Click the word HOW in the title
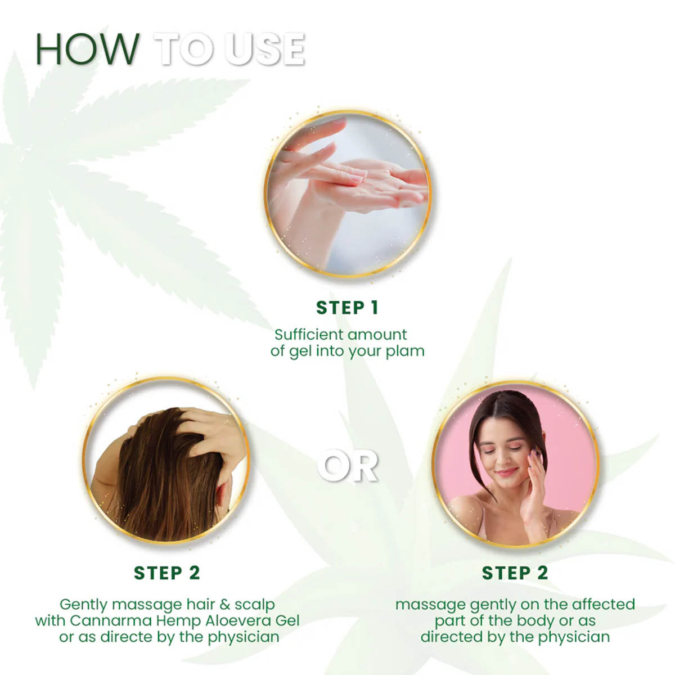(87, 49)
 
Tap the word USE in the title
(265, 49)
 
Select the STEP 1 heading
(347, 308)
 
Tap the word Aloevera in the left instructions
(236, 620)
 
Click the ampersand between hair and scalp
(224, 605)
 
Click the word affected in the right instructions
(603, 605)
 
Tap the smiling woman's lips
(506, 471)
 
